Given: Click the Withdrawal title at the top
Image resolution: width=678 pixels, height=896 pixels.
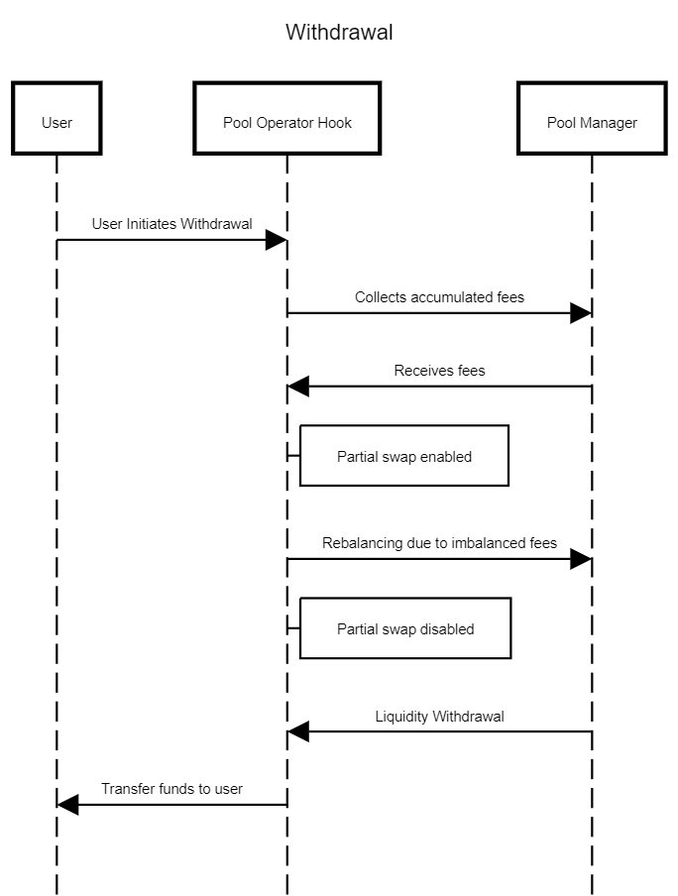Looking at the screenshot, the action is tap(339, 32).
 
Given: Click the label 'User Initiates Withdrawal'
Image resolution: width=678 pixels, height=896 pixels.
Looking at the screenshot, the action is tap(172, 223).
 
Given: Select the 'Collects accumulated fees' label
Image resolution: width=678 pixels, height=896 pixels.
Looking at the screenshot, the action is tap(439, 297).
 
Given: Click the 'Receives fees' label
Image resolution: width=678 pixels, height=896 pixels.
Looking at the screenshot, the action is tap(439, 371).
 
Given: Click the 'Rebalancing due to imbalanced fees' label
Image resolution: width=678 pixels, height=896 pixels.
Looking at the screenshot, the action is tap(439, 543).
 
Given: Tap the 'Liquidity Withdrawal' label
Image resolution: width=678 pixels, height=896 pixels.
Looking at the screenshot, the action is tap(439, 716).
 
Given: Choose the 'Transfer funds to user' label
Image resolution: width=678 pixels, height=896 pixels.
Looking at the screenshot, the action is tap(172, 789).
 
